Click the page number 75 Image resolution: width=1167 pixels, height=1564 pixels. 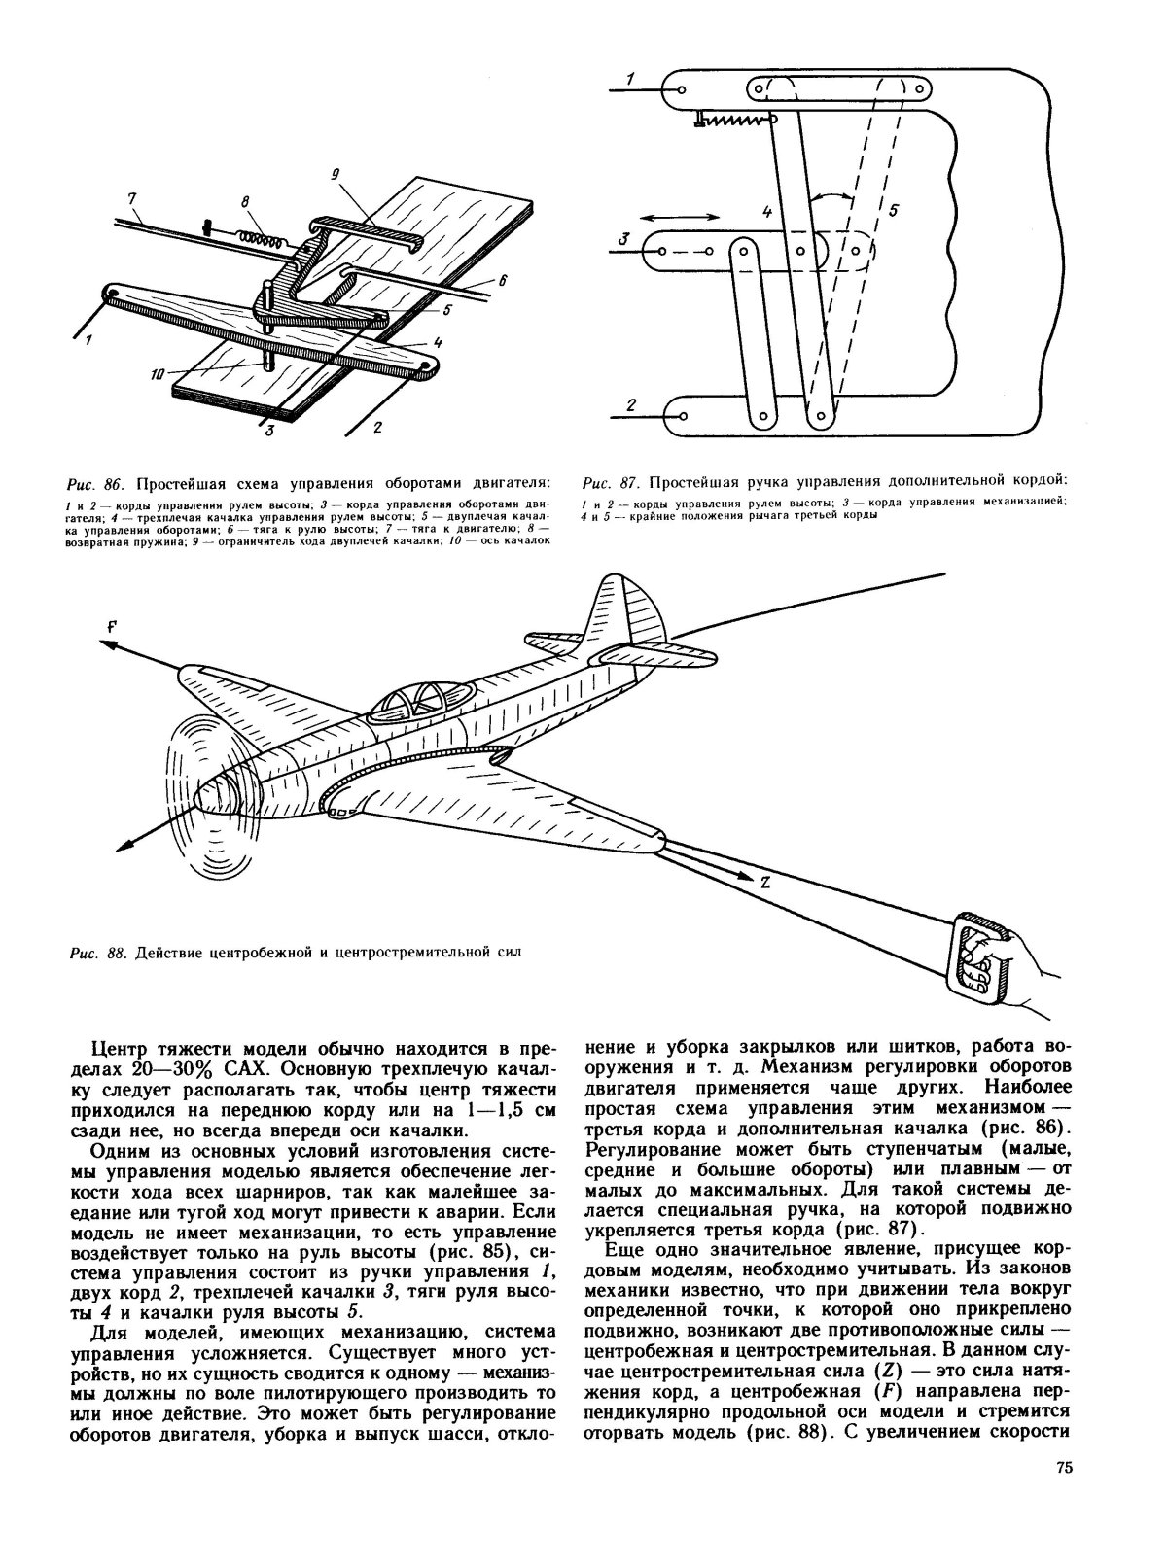coord(1061,1495)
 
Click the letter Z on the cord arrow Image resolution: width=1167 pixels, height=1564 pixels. coord(765,884)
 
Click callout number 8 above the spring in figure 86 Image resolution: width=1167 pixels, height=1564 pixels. coord(243,201)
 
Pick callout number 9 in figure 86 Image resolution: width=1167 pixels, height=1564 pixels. coord(334,175)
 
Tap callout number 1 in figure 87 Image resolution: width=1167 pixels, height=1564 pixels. coord(630,79)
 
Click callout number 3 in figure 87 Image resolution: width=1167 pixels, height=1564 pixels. coord(625,237)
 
